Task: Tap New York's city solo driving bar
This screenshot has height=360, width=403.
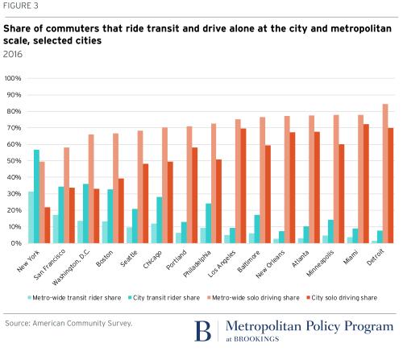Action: point(48,225)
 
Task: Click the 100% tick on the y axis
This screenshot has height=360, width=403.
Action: point(15,79)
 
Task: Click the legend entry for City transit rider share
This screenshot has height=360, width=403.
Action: point(160,298)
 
